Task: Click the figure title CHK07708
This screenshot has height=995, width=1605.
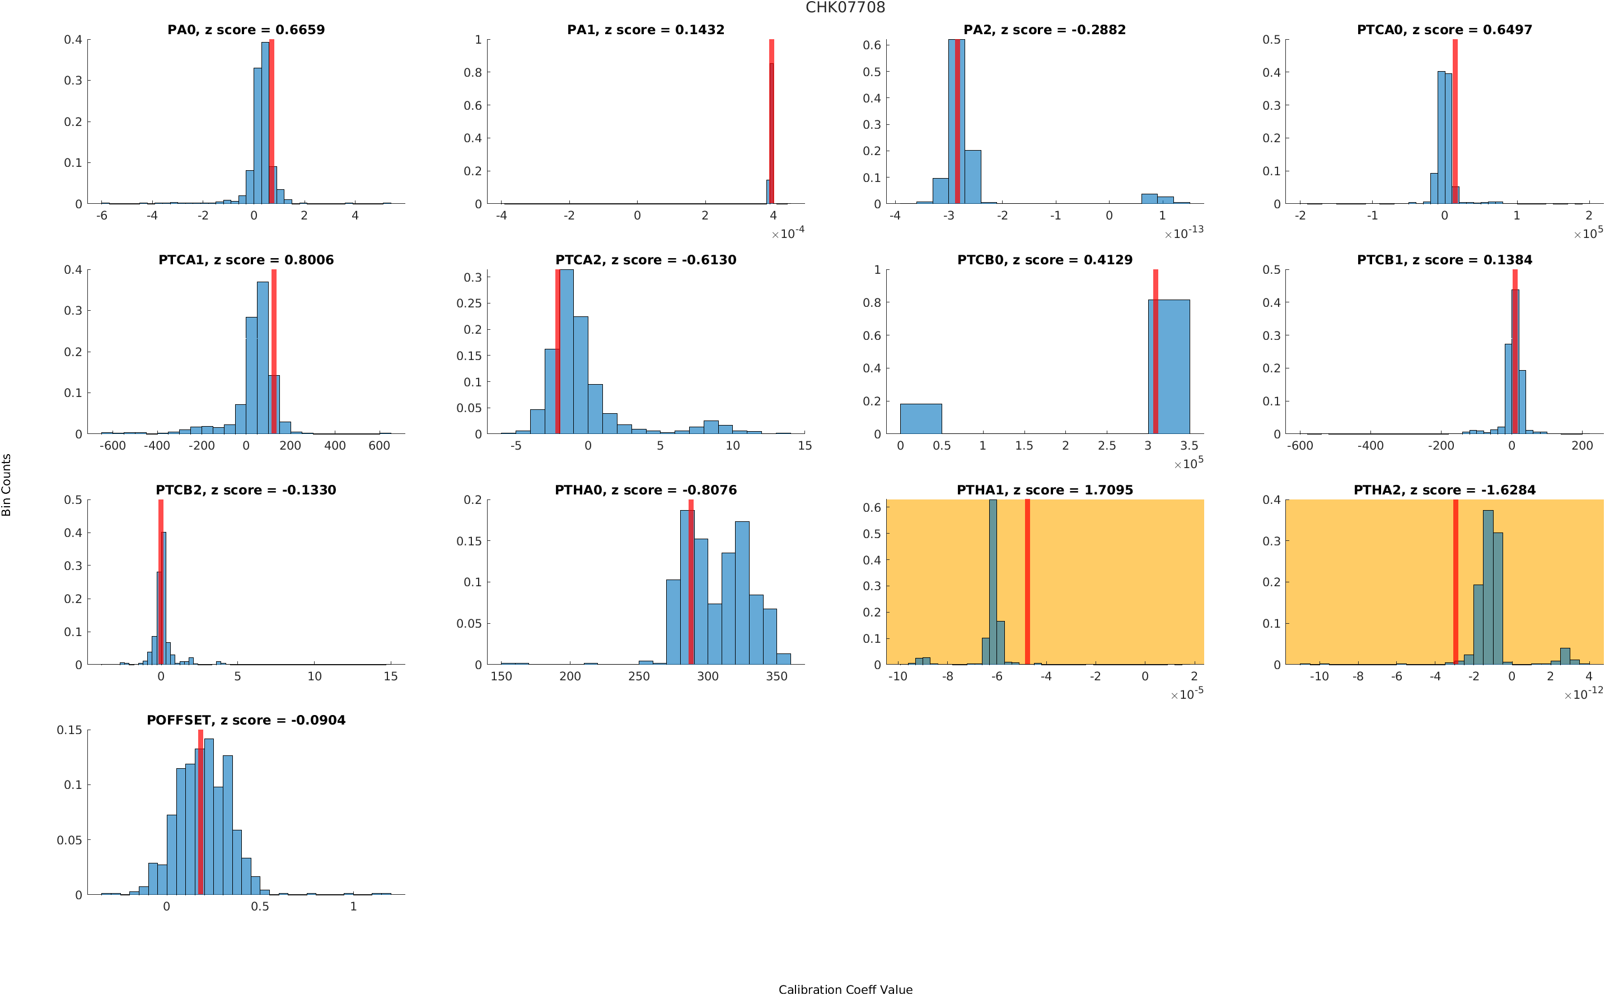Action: point(845,7)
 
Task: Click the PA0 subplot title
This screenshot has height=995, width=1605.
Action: point(245,30)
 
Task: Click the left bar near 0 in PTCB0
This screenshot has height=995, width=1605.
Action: point(920,418)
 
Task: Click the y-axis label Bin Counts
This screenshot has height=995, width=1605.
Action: point(7,484)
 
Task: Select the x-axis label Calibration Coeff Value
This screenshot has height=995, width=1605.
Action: point(845,989)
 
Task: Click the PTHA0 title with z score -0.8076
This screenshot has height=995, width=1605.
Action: point(645,491)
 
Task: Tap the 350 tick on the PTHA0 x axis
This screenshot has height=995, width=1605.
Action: point(776,676)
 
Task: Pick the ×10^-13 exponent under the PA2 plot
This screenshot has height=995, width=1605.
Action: point(1183,233)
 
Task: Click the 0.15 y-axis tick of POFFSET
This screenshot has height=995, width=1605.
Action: point(69,730)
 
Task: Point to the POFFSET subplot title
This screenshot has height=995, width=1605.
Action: point(245,721)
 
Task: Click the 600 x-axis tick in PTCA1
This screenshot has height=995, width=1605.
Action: point(379,446)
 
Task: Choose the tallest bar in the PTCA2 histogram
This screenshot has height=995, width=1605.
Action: point(565,352)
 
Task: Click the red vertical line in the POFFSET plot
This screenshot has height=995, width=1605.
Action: point(200,812)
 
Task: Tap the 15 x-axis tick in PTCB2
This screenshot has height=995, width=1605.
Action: point(391,676)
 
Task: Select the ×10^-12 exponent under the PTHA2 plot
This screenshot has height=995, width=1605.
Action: point(1583,694)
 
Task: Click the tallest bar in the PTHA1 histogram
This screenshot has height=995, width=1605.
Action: point(993,582)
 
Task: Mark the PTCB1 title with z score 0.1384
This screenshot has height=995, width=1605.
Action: point(1444,260)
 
